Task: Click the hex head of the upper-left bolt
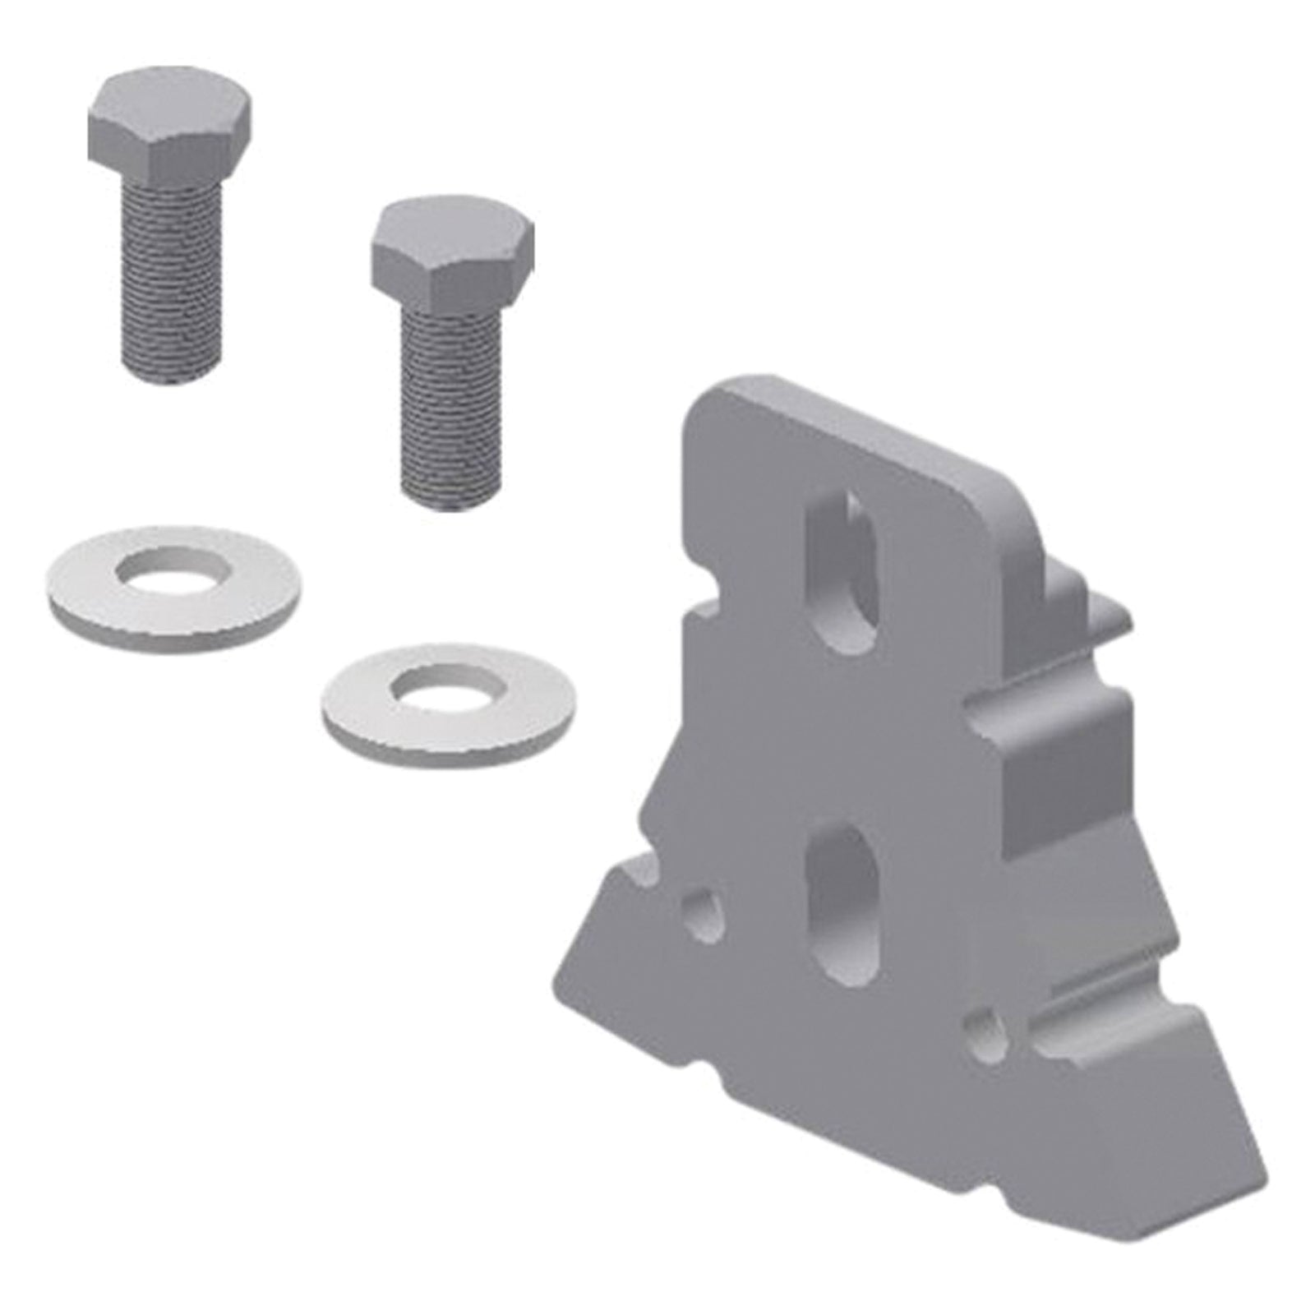[x=168, y=131]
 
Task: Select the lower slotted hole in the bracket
[x=842, y=904]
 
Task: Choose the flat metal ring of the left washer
[x=90, y=592]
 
